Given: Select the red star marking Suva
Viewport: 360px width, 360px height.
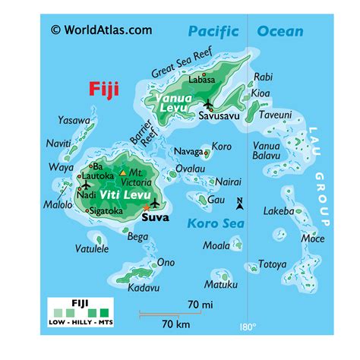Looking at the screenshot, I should [145, 207].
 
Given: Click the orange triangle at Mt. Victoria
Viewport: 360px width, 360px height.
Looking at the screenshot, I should [124, 173].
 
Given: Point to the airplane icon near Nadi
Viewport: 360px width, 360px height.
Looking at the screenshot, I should [85, 184].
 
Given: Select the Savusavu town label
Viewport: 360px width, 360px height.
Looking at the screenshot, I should [219, 118].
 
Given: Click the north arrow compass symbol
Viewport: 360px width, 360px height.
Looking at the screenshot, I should [239, 204].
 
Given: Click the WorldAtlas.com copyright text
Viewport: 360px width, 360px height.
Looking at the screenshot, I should [102, 30].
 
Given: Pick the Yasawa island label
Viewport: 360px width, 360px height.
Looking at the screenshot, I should [74, 120].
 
